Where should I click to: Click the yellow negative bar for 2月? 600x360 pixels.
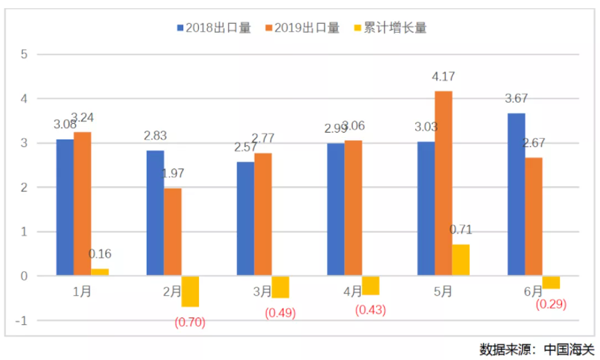(x=191, y=291)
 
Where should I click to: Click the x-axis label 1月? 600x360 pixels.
(x=83, y=292)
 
